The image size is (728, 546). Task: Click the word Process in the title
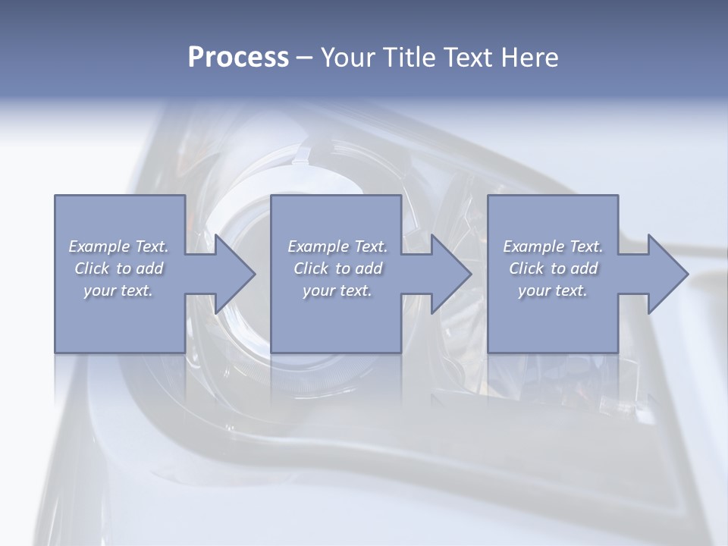pos(238,58)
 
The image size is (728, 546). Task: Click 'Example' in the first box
pos(99,246)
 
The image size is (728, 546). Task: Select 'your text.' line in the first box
pos(118,290)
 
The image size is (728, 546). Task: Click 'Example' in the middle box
pos(318,246)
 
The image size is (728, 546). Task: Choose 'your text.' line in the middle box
pos(337,290)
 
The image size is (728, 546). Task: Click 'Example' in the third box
pos(533,246)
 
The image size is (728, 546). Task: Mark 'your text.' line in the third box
pos(553,290)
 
